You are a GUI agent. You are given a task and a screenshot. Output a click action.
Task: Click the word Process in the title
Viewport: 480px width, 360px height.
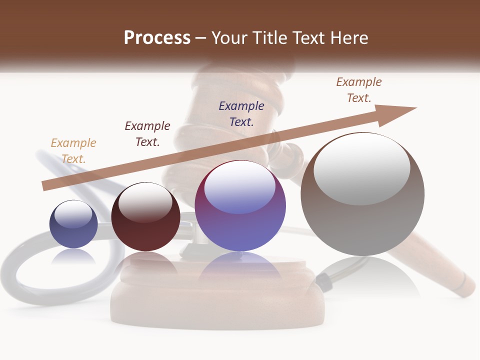click(x=157, y=38)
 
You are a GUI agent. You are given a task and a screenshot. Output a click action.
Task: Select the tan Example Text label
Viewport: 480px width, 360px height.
click(x=73, y=150)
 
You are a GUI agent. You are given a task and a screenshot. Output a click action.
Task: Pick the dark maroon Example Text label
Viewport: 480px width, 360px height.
click(x=147, y=134)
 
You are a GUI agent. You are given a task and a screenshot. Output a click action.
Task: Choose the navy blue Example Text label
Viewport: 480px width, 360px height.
click(x=241, y=113)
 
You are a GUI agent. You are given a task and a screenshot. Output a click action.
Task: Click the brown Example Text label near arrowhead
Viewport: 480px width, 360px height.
click(x=359, y=90)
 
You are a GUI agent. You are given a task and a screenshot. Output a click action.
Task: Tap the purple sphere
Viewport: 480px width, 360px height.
click(x=240, y=220)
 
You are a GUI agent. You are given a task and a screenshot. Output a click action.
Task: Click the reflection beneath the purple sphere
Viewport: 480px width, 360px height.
click(x=240, y=267)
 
